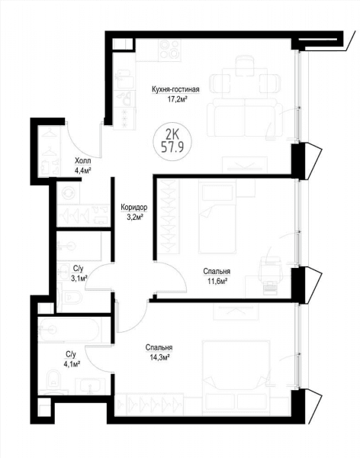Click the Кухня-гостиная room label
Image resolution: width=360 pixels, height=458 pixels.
coord(175,89)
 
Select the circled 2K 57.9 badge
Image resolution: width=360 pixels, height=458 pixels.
coord(172,142)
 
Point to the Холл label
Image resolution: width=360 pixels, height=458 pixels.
coord(83,161)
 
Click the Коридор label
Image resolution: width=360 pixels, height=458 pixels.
coord(134,208)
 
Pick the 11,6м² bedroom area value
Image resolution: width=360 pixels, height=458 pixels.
coord(217,282)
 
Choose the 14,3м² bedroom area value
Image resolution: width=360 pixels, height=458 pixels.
coord(159,358)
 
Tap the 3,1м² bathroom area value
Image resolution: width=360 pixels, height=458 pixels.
coord(79,278)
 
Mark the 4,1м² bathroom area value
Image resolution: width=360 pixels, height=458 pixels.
coord(71,364)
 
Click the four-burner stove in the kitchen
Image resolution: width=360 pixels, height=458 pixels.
coord(169,50)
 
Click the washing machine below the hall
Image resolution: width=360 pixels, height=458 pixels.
coord(69,192)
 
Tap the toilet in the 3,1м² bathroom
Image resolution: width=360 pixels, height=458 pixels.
coord(69,298)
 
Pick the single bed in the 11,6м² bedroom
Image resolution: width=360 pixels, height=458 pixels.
coord(217,218)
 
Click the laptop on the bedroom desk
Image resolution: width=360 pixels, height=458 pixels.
coord(270,286)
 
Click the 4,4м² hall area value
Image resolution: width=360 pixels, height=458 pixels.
coord(83,170)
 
